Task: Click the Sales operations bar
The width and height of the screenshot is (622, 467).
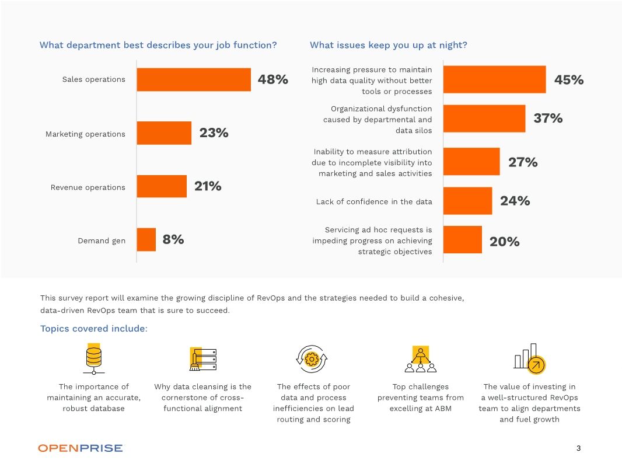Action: click(194, 79)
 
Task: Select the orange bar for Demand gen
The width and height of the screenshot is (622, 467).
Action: click(146, 239)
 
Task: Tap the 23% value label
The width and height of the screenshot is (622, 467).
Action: click(214, 133)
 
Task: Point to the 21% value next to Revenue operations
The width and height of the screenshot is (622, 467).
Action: click(208, 186)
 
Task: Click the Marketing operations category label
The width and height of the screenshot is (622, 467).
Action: click(85, 134)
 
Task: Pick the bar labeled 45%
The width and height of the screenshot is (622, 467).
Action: click(494, 79)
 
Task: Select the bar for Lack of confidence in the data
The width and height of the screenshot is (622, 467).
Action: click(467, 201)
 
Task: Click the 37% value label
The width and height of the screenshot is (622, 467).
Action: click(548, 119)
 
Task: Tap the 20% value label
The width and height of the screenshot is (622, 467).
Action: click(504, 242)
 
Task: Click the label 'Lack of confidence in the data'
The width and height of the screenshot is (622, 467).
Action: click(374, 202)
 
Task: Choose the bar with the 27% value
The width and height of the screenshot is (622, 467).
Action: click(471, 162)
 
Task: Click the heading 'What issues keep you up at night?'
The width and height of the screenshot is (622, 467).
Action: click(388, 45)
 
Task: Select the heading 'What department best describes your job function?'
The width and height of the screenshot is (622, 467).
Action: click(158, 45)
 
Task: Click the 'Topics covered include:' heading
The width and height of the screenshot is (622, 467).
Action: click(94, 329)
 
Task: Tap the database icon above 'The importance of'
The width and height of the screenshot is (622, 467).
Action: click(93, 358)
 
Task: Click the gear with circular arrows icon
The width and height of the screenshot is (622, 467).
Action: click(312, 358)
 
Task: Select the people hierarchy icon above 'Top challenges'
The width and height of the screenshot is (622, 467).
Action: click(420, 358)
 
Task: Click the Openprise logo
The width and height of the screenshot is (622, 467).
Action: click(81, 448)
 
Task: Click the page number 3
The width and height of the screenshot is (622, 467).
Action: click(578, 448)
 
